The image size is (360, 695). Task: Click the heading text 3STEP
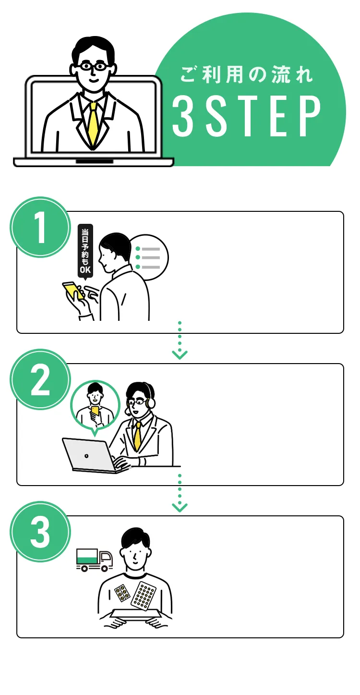246,116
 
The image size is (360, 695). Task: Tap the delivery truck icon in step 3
95,560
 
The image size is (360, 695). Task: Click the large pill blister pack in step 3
144,596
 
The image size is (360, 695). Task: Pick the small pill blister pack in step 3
122,594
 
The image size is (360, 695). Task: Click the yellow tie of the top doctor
93,122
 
